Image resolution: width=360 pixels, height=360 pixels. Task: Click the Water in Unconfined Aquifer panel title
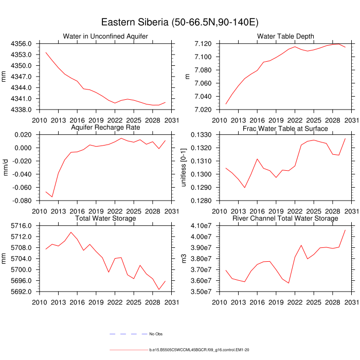coord(105,37)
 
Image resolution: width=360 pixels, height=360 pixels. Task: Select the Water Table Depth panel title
coord(285,37)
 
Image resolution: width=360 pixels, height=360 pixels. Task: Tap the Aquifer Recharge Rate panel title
coord(105,127)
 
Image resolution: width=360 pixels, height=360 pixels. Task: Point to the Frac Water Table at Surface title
coord(285,127)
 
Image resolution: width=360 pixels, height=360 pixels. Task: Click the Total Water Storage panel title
coord(105,218)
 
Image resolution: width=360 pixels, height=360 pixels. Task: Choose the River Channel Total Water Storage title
coord(285,218)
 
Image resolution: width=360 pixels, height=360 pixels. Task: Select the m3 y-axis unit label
coord(186,259)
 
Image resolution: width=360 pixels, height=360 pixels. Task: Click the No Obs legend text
coord(156,334)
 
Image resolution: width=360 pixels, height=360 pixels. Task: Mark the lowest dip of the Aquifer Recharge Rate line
coord(52,197)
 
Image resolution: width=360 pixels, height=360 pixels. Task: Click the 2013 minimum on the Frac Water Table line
coord(245,188)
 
